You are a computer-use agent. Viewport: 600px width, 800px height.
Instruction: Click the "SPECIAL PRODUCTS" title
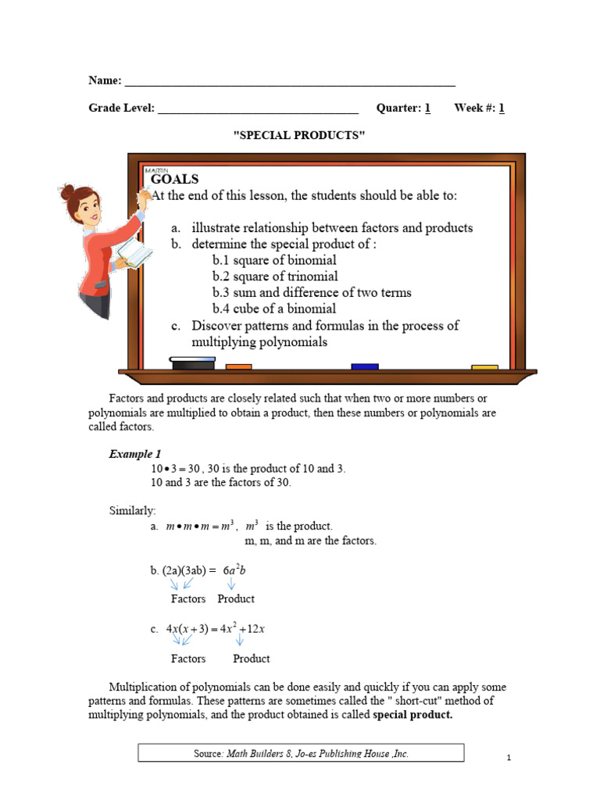(300, 136)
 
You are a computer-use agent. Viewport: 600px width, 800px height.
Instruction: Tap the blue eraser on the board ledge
(364, 366)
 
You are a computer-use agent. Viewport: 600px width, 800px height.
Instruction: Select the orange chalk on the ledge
(238, 366)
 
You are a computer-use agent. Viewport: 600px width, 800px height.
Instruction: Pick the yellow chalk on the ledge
(484, 366)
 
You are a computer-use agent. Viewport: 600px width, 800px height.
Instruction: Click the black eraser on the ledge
(192, 363)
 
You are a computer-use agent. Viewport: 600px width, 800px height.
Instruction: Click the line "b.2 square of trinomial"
(275, 277)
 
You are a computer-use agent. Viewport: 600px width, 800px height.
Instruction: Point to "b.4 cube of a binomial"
(274, 309)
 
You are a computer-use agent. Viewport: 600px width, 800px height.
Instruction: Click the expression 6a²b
(234, 571)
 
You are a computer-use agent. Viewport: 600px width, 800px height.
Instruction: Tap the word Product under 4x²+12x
(251, 659)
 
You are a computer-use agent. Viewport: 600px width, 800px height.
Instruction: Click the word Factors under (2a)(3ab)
(188, 599)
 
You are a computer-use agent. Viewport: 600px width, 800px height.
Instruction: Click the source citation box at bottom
(301, 753)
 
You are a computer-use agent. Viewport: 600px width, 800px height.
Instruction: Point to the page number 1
(509, 758)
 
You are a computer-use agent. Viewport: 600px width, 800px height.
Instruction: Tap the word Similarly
(132, 510)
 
